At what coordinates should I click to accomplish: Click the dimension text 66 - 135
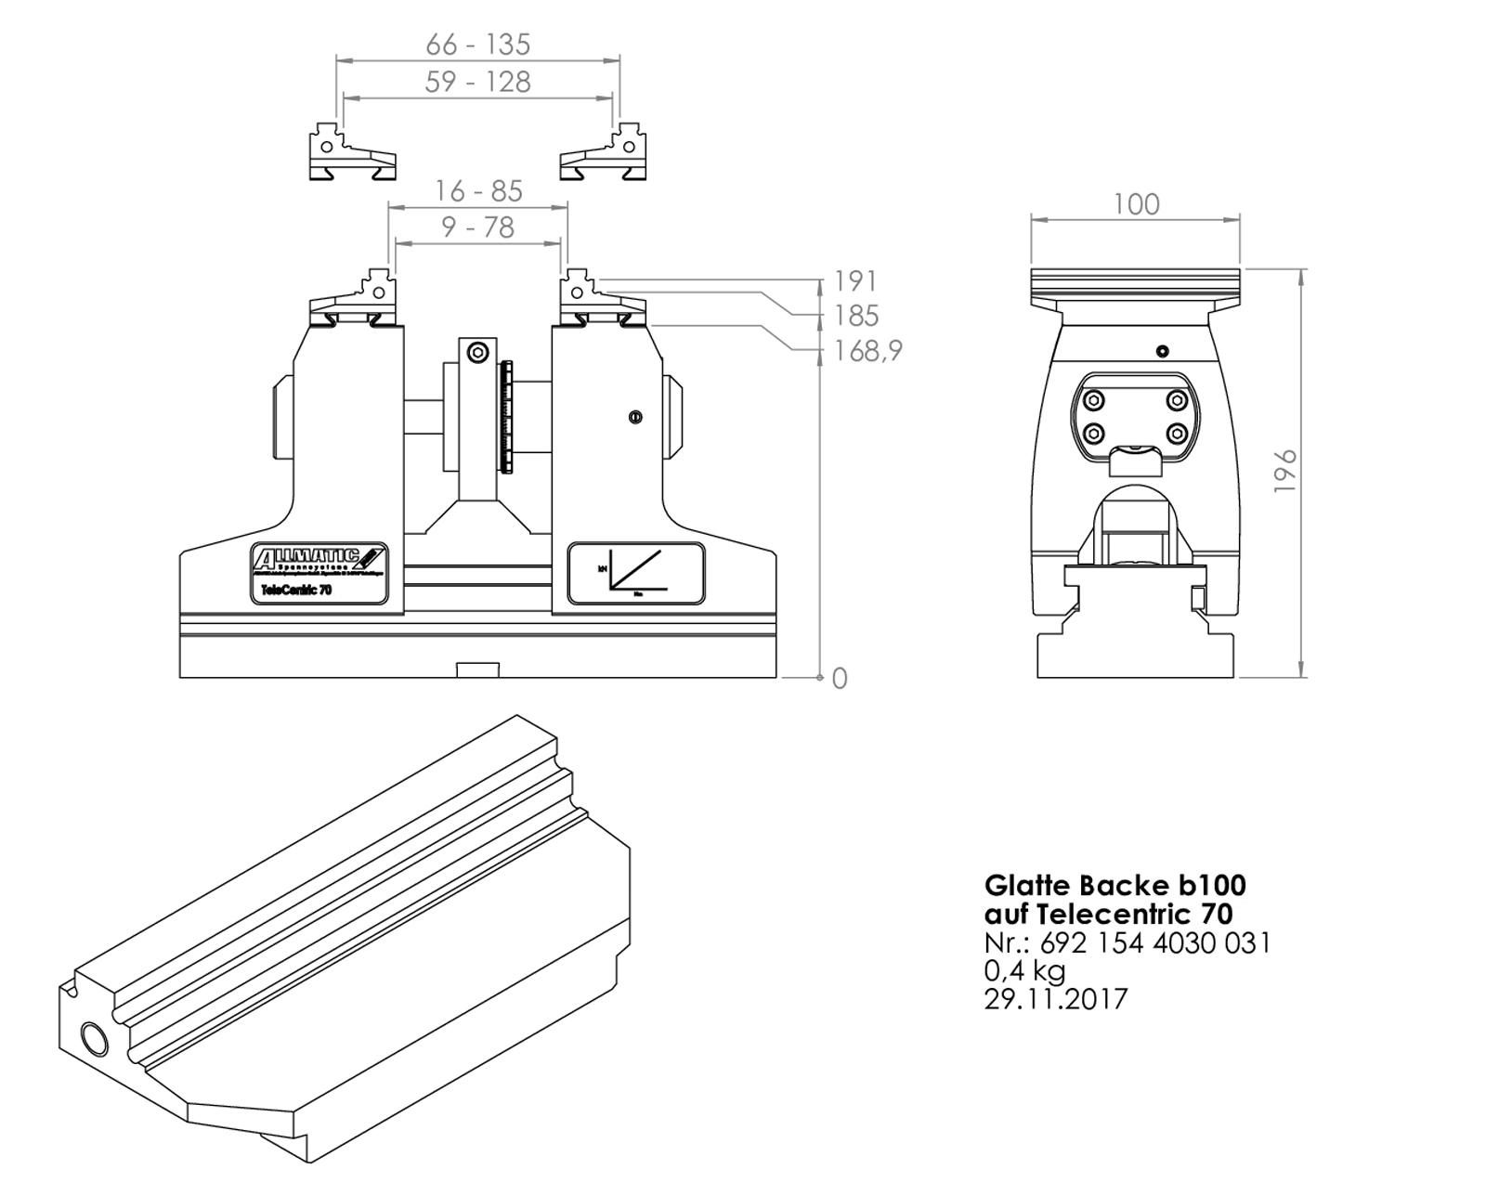click(477, 45)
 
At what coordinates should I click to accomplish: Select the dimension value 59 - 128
click(477, 82)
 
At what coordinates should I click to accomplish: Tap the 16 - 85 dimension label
click(478, 191)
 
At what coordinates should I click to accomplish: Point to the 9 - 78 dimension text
click(478, 227)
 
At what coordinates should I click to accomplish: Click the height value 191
click(855, 281)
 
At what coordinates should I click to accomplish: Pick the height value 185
click(855, 317)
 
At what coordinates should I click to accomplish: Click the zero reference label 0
click(840, 679)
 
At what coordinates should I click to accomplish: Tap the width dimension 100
click(1136, 204)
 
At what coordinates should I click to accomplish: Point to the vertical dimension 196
click(1284, 471)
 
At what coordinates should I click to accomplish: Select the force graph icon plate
click(636, 574)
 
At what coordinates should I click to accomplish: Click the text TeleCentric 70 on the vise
click(297, 591)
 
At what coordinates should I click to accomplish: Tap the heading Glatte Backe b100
click(1114, 885)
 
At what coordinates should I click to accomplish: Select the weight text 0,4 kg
click(1024, 971)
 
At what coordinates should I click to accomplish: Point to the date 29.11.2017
click(1056, 999)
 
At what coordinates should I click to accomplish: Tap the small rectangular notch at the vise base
click(477, 670)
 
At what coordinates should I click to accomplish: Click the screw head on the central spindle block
click(477, 353)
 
